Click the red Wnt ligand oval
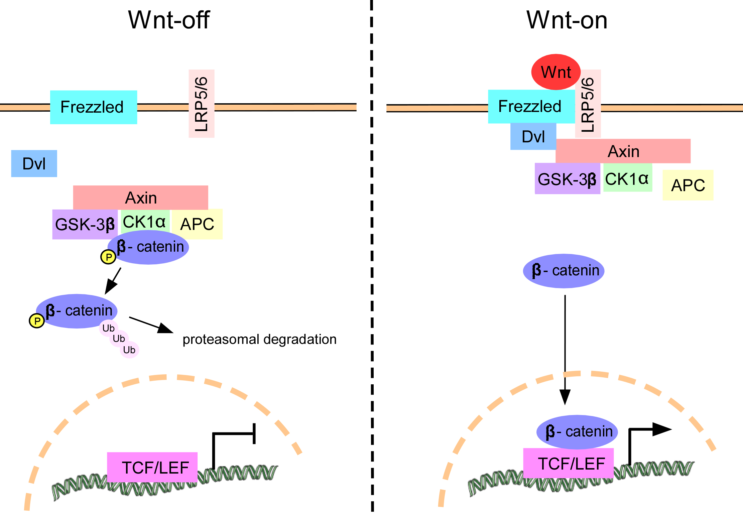coord(555,72)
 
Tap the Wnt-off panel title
coord(169,20)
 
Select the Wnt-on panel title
coord(567,20)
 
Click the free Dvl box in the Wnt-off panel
coord(34,163)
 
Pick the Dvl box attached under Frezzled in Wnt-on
coord(533,136)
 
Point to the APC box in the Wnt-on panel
coord(688,185)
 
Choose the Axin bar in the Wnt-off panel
coord(141,198)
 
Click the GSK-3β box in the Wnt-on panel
coord(567,179)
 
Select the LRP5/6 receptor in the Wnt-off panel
coord(202,104)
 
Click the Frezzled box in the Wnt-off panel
coord(94,107)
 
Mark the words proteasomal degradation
coord(259,339)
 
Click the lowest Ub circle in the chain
coord(129,350)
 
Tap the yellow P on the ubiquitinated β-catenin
coord(37,321)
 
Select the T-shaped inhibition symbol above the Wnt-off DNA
coord(234,438)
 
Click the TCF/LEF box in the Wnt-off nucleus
coord(152,467)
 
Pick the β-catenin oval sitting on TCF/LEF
coord(577,432)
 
